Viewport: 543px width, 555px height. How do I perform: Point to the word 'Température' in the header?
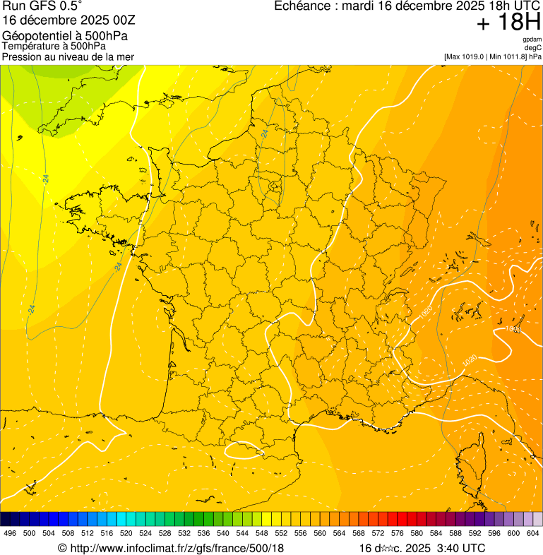click(29, 47)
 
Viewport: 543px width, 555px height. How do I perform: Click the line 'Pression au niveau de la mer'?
click(68, 56)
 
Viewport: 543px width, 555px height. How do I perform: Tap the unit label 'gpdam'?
click(532, 40)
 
